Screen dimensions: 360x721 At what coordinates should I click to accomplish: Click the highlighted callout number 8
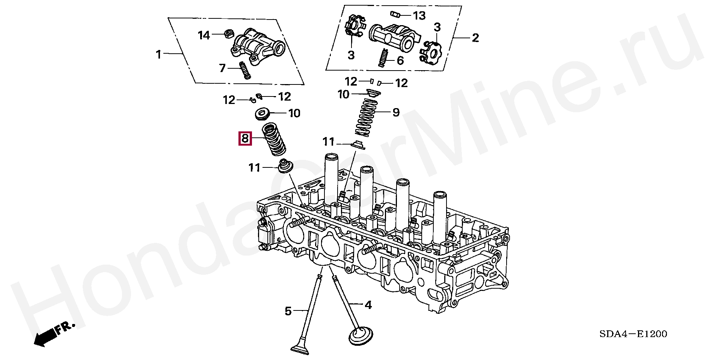(245, 139)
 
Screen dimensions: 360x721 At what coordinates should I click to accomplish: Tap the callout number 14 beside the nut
(204, 35)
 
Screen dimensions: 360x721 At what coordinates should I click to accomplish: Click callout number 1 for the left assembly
(158, 54)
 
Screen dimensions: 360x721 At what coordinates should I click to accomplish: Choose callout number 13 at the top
(419, 15)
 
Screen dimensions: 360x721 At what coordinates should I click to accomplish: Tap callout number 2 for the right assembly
(475, 38)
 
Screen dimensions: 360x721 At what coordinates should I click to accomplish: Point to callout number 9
(396, 112)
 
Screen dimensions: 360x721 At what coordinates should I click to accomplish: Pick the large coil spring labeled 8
(273, 140)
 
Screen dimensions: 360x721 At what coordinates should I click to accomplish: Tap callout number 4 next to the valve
(368, 305)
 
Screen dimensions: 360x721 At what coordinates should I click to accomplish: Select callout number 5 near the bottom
(288, 311)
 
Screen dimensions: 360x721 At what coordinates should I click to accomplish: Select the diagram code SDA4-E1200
(633, 334)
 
